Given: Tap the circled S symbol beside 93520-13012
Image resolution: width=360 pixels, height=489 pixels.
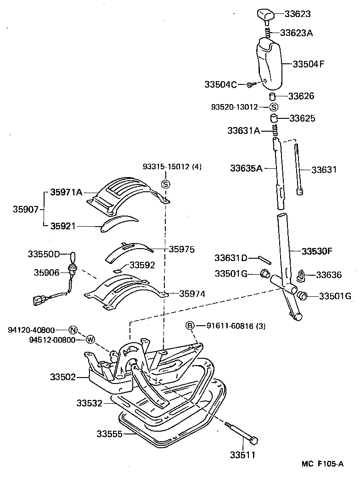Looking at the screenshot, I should [274, 107].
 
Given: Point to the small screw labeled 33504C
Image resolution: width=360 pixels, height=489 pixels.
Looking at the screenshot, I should [250, 84].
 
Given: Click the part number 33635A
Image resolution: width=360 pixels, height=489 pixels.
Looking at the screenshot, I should [246, 168].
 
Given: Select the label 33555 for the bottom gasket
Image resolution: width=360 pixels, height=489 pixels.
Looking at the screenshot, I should [109, 433].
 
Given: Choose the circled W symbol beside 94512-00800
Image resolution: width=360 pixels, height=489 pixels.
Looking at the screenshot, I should [90, 339].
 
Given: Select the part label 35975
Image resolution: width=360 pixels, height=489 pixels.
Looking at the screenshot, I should [181, 250].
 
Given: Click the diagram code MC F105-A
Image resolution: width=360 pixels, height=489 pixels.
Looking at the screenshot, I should [322, 464].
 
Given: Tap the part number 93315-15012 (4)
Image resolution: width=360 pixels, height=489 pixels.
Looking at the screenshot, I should [172, 167].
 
